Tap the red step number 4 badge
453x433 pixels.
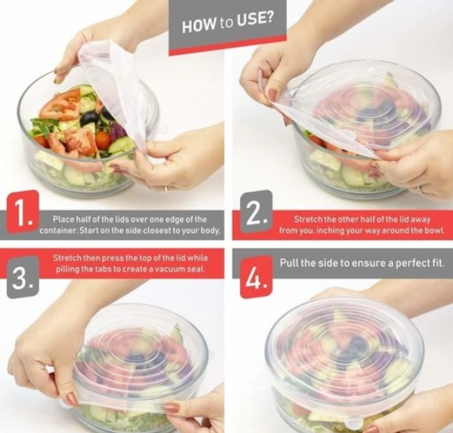click(x=254, y=277)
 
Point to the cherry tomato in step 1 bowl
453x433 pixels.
click(x=103, y=140)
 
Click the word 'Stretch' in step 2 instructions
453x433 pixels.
click(x=309, y=218)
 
